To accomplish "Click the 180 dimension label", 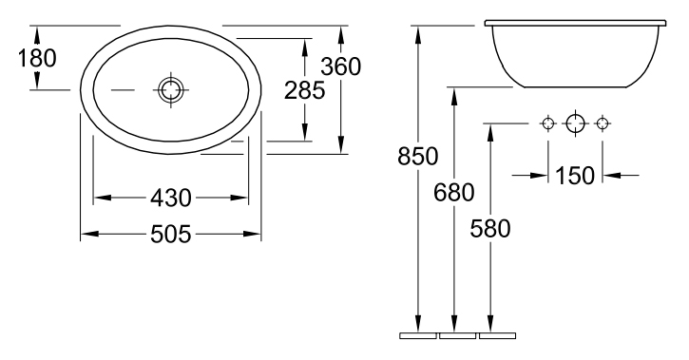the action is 37,58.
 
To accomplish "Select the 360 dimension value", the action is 340,66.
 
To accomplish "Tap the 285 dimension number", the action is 304,91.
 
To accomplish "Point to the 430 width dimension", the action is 171,198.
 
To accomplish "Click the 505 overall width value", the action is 171,234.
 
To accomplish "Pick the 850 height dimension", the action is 418,157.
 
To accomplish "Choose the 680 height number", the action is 454,192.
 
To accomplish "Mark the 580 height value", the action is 490,229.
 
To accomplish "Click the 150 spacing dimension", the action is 575,176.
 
